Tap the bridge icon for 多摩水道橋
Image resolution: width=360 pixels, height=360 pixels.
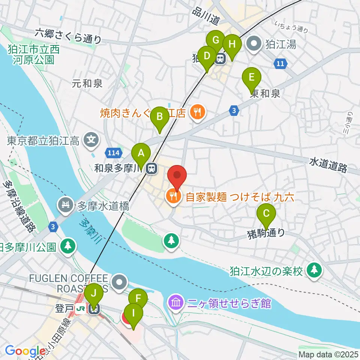66,205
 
